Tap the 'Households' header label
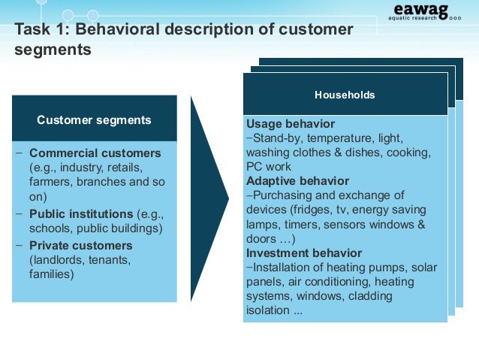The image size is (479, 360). point(345,95)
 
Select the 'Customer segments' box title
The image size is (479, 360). point(94,119)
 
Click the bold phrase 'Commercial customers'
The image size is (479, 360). point(95,153)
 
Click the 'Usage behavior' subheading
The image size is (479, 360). point(290,124)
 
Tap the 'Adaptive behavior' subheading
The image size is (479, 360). point(297,181)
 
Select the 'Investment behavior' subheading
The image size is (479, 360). point(304,253)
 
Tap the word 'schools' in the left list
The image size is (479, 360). point(50,229)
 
